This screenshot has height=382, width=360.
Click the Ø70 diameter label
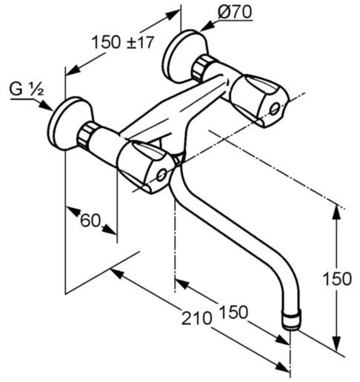click(x=235, y=13)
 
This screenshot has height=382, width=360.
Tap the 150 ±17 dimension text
click(x=123, y=42)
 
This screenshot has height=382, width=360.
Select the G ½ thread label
click(x=27, y=89)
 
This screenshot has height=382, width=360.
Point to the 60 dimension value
click(x=90, y=220)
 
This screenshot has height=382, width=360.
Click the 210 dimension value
click(x=197, y=318)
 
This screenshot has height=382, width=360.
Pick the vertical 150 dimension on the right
click(x=337, y=279)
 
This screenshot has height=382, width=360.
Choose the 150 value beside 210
click(x=233, y=312)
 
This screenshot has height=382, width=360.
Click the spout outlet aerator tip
click(x=292, y=321)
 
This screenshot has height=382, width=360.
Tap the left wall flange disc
click(x=64, y=124)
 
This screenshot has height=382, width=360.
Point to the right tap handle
click(x=260, y=101)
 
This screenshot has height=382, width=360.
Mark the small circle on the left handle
click(x=161, y=175)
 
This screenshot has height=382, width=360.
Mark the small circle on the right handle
click(x=275, y=109)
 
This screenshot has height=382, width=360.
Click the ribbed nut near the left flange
click(x=87, y=135)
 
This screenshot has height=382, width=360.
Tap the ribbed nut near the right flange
click(x=201, y=68)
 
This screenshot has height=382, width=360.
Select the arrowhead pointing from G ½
click(x=46, y=106)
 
